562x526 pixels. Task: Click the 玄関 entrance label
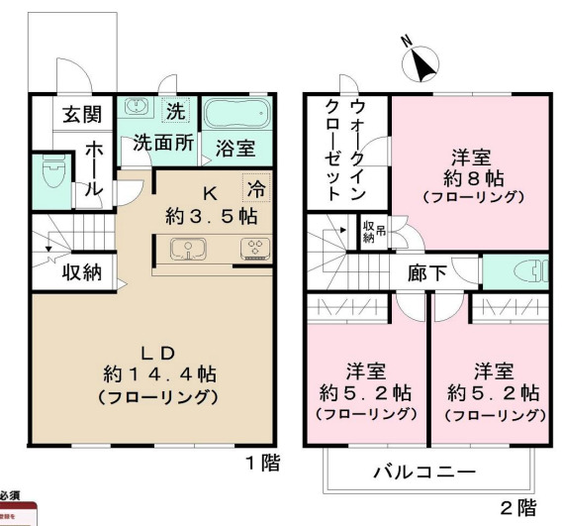[82, 114]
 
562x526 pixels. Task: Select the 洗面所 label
[162, 143]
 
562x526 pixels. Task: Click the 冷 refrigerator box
[257, 185]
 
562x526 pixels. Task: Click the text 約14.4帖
[158, 376]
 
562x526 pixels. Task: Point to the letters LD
[157, 353]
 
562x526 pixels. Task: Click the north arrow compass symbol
[423, 64]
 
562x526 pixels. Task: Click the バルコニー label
[424, 472]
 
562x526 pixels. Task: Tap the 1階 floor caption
[262, 463]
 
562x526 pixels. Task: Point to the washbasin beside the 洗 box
[137, 110]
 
